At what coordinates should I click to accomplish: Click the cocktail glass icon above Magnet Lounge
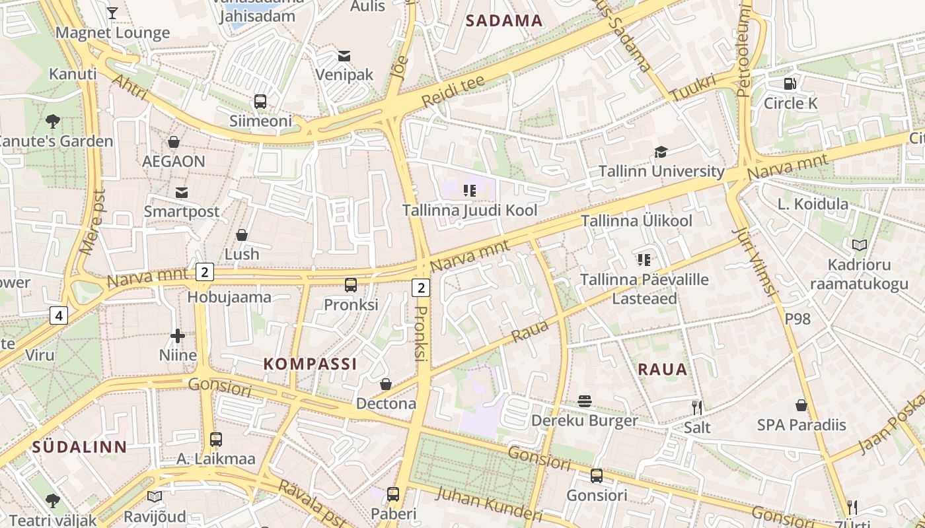112,13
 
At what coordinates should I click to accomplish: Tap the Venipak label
344,75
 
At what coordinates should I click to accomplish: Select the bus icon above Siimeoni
260,102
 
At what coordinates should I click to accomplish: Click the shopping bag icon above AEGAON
174,142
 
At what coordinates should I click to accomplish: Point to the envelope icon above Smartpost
182,192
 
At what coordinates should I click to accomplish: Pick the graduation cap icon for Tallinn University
661,152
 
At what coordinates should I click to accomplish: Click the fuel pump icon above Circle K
790,84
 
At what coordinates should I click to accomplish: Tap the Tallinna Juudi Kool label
470,211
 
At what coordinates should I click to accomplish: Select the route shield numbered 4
59,316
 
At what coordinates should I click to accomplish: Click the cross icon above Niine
178,337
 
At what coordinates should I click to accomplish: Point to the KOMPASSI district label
310,364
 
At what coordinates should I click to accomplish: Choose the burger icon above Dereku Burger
585,401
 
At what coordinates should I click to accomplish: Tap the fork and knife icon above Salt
696,407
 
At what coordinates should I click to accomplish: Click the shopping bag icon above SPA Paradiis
801,405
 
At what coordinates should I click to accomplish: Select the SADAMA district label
504,20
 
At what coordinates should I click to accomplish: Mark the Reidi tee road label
453,92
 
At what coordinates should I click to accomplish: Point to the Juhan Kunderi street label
490,504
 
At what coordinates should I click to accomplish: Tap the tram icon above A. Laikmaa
216,439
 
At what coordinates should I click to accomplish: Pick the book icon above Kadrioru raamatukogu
859,246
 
